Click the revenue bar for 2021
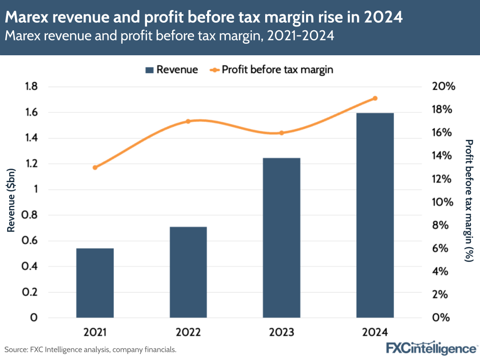(95, 283)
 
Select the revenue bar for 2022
(188, 272)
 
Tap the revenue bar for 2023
(282, 238)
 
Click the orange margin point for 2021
(95, 167)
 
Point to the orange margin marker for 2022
(188, 121)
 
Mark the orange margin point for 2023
(282, 133)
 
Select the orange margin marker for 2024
(375, 98)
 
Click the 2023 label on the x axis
(282, 333)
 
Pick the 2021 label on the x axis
(95, 333)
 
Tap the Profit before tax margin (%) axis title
(469, 200)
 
